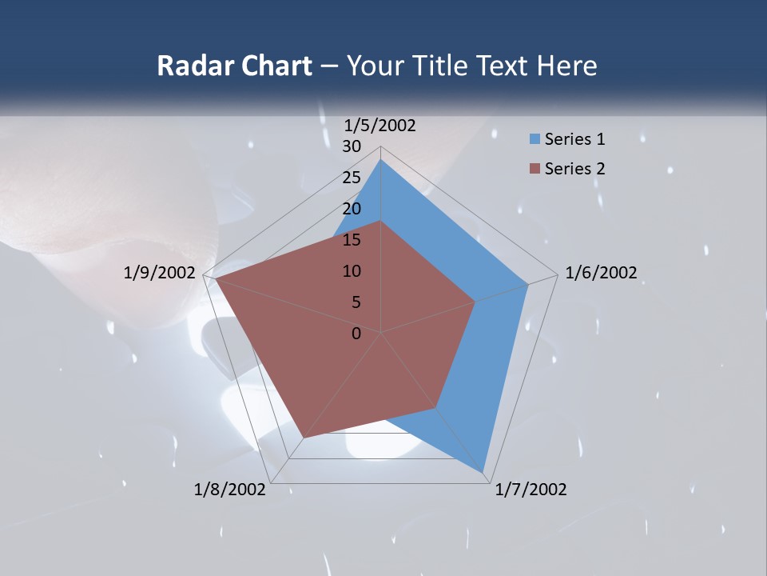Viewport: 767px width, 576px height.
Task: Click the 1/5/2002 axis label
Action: point(380,126)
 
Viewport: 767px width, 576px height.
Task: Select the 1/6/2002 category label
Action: point(601,273)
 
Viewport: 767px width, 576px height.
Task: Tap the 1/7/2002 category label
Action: point(531,490)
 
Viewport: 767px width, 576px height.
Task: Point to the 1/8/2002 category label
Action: point(229,490)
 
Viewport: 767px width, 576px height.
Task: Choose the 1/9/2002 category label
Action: point(159,273)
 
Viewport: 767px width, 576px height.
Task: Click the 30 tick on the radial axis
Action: point(352,146)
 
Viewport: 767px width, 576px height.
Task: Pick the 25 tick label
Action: point(352,178)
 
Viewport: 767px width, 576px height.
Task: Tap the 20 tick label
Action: point(352,209)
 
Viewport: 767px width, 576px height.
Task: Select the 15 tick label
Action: point(352,240)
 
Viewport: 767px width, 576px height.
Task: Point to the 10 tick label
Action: point(352,271)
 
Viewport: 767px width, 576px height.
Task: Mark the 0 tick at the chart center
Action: point(356,334)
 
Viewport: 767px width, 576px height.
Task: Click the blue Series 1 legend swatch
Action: point(535,139)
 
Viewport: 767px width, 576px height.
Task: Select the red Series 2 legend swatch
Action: point(535,169)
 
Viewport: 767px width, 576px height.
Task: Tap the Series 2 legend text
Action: point(574,169)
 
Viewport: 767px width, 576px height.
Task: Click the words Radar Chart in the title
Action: point(234,66)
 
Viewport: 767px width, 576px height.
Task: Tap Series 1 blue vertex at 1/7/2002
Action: point(483,471)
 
